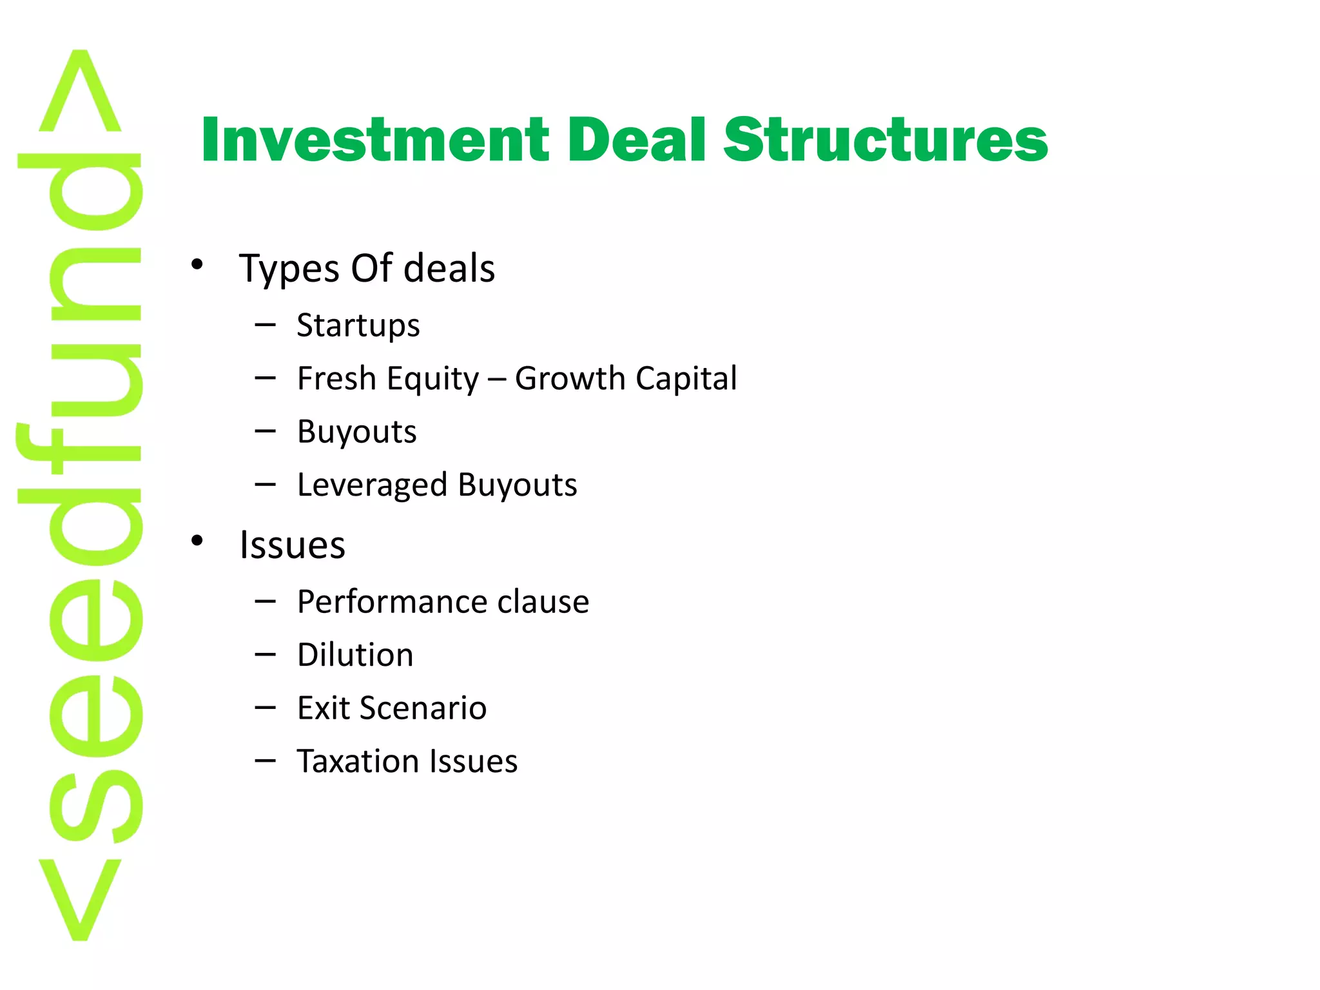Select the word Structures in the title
click(x=886, y=140)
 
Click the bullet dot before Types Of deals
click(x=197, y=264)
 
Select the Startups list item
click(x=358, y=325)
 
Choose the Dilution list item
click(x=355, y=655)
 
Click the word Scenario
click(x=423, y=708)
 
